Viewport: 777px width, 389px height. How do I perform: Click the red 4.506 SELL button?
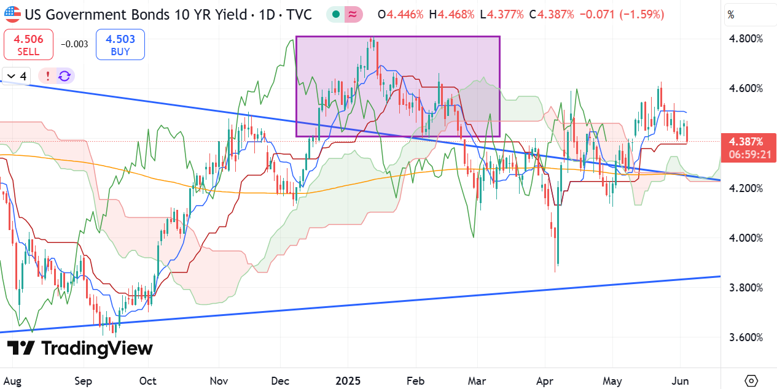[28, 45]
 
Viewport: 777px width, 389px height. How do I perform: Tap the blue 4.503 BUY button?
[120, 45]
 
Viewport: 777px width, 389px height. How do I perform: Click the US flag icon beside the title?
[12, 15]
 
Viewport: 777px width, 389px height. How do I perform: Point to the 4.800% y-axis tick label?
[746, 39]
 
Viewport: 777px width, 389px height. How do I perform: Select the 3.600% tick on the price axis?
[746, 337]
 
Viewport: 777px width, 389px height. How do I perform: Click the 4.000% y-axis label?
[746, 238]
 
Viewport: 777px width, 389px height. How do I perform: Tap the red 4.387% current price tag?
[749, 148]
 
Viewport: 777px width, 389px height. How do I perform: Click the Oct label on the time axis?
[148, 381]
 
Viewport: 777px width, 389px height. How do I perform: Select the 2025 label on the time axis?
[348, 381]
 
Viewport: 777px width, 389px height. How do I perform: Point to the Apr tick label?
[545, 382]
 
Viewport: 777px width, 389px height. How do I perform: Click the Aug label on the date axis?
[12, 382]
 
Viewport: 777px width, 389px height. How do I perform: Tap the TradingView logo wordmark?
[80, 348]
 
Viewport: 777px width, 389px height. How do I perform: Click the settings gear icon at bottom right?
[751, 381]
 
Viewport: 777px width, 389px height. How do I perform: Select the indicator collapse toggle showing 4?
[17, 76]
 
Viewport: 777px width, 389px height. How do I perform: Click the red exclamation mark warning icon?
[48, 76]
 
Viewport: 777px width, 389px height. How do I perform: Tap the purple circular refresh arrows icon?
[64, 76]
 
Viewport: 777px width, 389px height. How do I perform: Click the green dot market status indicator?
[335, 15]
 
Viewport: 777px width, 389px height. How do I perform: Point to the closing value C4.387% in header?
[552, 15]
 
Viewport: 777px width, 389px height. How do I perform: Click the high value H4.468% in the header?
[451, 15]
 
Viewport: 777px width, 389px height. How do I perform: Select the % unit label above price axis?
[731, 15]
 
